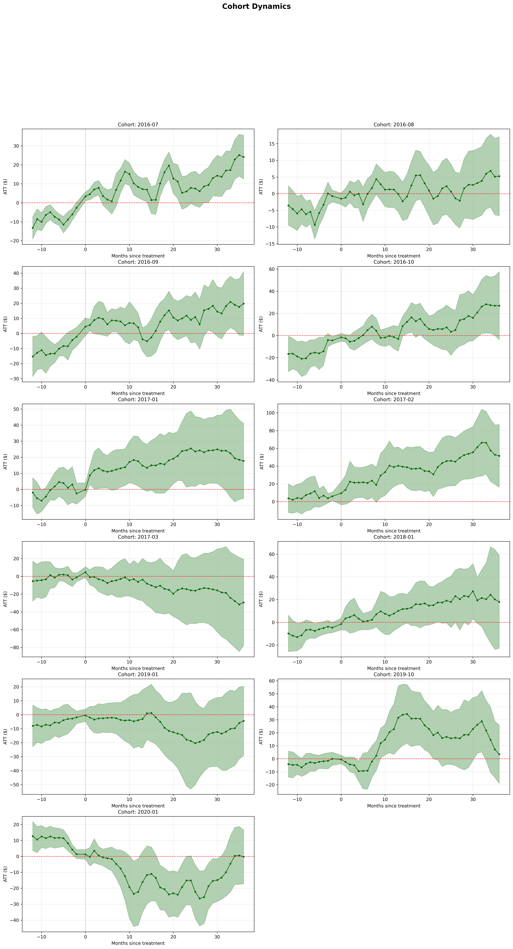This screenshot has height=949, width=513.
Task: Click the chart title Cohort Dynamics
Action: (x=256, y=6)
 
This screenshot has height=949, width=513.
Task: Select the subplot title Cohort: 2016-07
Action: (x=138, y=124)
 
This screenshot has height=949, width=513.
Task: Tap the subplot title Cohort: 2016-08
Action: (x=394, y=124)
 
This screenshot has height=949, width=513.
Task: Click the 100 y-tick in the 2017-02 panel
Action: (x=271, y=413)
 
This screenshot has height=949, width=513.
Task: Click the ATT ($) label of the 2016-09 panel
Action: (x=5, y=324)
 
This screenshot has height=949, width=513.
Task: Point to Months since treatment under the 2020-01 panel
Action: (x=138, y=943)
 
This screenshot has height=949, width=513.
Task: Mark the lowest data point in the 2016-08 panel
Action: (x=315, y=225)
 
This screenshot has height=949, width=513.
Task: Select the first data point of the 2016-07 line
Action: (x=32, y=228)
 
